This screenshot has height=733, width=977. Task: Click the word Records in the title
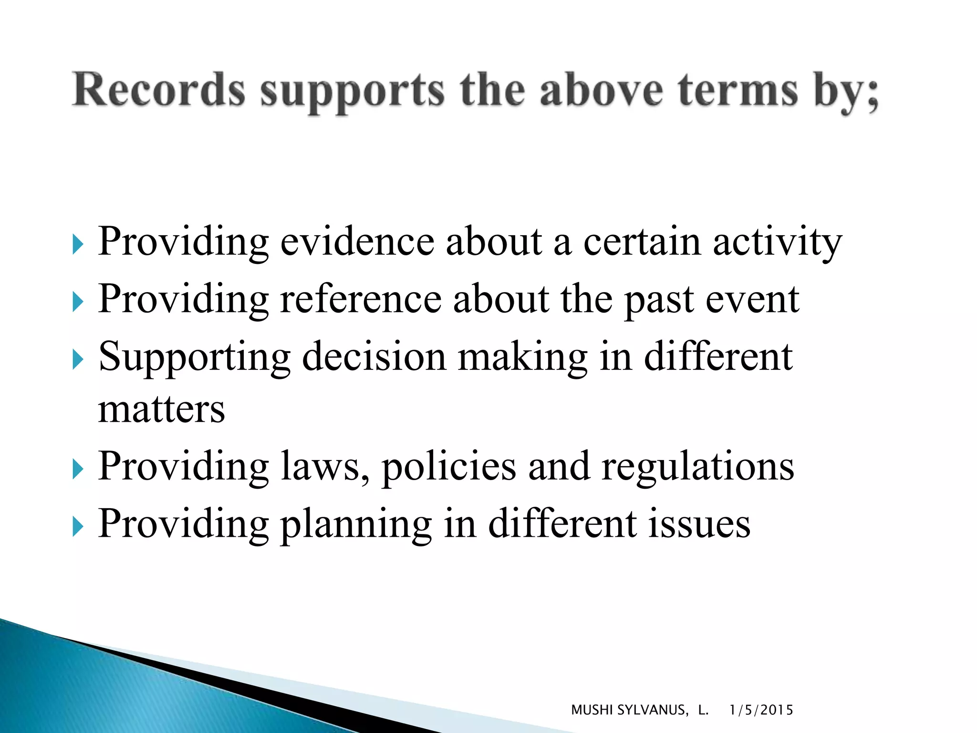pyautogui.click(x=159, y=90)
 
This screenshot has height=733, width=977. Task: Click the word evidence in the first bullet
pyautogui.click(x=357, y=241)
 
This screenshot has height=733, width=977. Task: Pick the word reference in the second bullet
pyautogui.click(x=361, y=299)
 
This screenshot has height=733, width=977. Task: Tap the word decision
pyautogui.click(x=374, y=356)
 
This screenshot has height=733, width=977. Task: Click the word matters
pyautogui.click(x=161, y=409)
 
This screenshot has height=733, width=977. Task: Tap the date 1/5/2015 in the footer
pyautogui.click(x=761, y=710)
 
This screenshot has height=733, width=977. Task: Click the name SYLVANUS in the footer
pyautogui.click(x=652, y=710)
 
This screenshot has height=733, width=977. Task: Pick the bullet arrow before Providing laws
pyautogui.click(x=78, y=470)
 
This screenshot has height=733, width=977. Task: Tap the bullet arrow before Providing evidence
pyautogui.click(x=78, y=245)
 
